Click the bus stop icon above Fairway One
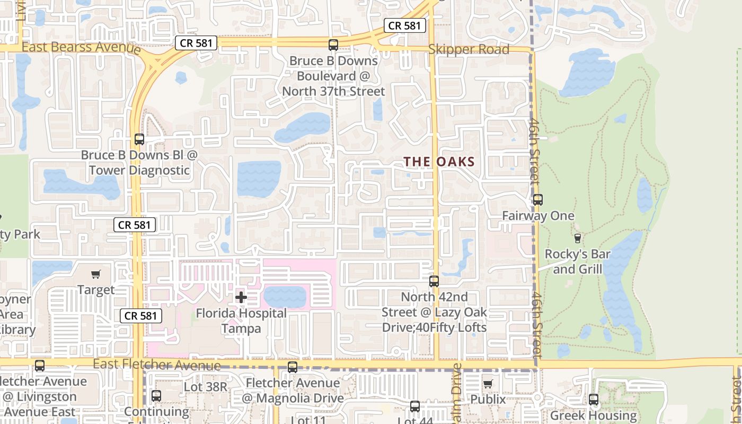point(538,200)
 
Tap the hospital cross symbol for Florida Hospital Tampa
point(241,297)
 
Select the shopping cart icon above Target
point(96,274)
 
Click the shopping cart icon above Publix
point(488,383)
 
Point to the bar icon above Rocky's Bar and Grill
point(578,238)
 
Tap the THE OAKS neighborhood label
point(439,162)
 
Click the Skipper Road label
point(469,49)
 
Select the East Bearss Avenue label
point(81,47)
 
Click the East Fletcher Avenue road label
point(157,365)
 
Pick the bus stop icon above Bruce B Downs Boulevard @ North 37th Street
point(333,45)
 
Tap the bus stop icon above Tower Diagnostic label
point(139,139)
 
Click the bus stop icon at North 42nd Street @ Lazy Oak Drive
point(434,281)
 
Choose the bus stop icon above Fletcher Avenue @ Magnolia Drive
point(293,367)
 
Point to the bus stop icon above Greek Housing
point(594,400)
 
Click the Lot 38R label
point(206,387)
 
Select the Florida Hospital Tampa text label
point(241,321)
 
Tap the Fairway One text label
point(538,216)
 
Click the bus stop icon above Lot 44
point(415,407)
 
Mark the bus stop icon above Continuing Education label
point(156,395)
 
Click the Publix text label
point(488,399)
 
